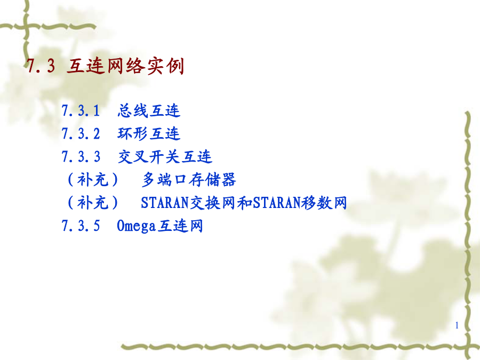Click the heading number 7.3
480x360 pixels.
[41, 66]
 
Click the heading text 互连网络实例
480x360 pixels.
[125, 66]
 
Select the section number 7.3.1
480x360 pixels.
[81, 110]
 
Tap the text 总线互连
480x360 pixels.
[149, 110]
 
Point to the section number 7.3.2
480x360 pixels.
[81, 133]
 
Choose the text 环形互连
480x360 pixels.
[149, 133]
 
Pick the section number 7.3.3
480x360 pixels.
[81, 156]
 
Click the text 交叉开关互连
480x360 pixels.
[165, 156]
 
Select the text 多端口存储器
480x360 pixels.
[189, 179]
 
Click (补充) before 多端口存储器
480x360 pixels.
[93, 179]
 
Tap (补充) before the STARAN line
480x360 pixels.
[93, 202]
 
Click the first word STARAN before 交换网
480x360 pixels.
[165, 202]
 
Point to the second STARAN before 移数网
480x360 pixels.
[277, 202]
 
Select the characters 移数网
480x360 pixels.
[324, 202]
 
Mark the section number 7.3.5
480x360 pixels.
[81, 226]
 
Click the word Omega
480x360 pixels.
[136, 226]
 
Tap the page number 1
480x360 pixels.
[457, 325]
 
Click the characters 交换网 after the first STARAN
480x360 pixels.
[213, 202]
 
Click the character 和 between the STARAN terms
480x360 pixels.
[245, 202]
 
